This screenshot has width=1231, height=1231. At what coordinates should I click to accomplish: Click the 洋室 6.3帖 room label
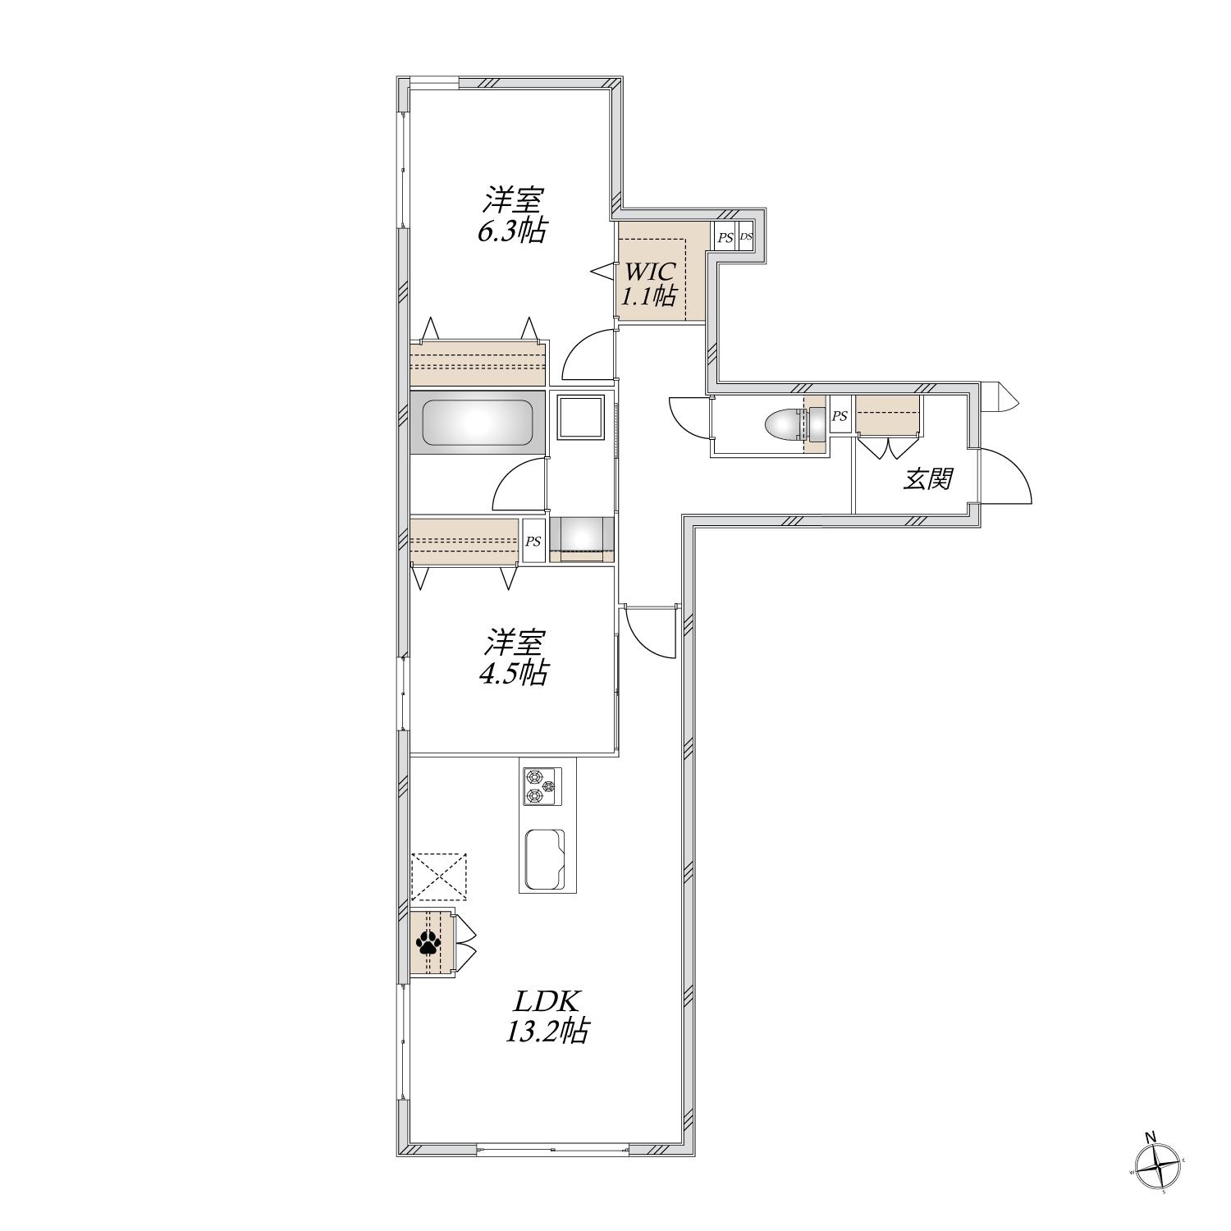point(513,215)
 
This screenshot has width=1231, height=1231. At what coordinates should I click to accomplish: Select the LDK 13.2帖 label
point(547,1016)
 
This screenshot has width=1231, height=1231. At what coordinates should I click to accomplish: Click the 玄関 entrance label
point(927,479)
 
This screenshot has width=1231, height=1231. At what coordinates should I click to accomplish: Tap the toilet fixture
point(787,426)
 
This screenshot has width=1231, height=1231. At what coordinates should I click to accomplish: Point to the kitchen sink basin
point(544,858)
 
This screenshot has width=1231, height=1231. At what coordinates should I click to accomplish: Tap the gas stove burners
point(541,785)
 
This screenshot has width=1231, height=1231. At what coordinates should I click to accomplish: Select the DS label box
point(745,237)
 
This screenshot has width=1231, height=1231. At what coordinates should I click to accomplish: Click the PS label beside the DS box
point(725,238)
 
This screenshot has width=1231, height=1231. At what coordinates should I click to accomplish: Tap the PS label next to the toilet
point(840,417)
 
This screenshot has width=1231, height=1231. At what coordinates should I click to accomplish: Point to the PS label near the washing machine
point(533,541)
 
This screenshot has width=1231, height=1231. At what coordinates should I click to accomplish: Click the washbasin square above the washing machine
point(581,418)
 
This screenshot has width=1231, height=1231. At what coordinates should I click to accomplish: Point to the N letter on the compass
point(1151,1137)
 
